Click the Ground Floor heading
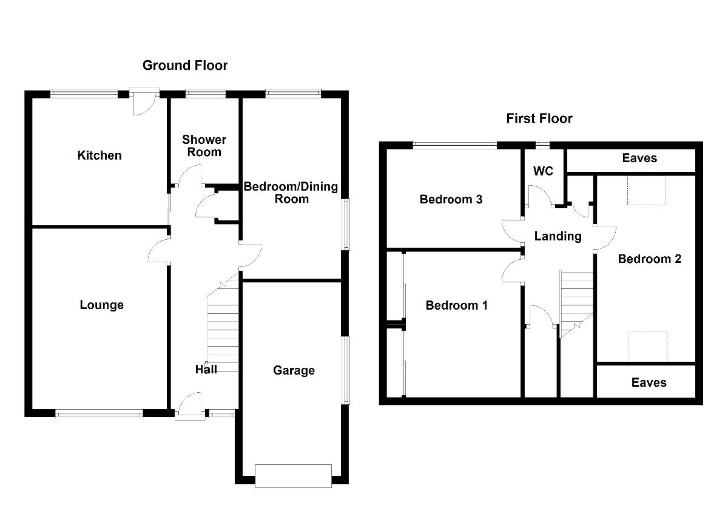point(185,65)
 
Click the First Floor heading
point(539,118)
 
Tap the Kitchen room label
point(99,155)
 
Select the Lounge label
point(101,305)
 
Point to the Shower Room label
point(204,146)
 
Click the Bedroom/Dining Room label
point(291,192)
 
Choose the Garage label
point(294,370)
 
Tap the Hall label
point(206,369)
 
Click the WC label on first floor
point(543,171)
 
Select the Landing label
point(558,236)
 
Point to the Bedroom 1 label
point(456,305)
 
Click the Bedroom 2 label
point(649,259)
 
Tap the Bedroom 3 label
point(451,199)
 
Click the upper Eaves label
point(639,158)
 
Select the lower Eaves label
point(649,382)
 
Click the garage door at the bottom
point(294,476)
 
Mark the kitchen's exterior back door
point(144,102)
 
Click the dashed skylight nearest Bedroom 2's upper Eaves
point(647,190)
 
